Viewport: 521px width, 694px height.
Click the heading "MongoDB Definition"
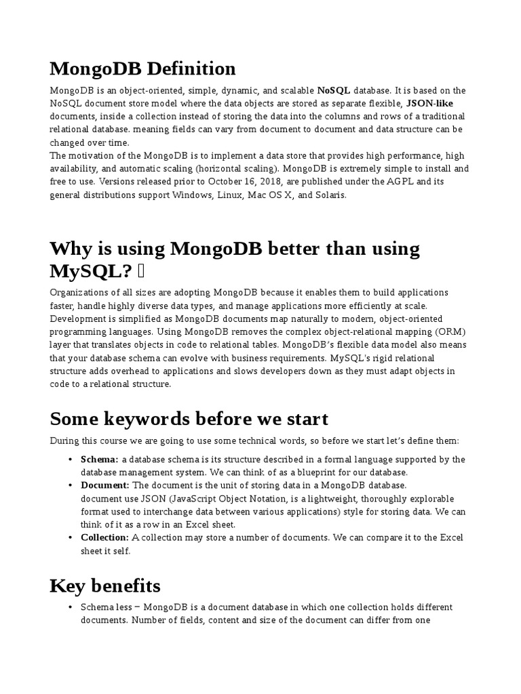tap(142, 68)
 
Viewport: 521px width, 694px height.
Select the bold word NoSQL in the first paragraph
tap(334, 90)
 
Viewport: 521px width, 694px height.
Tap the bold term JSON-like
tap(429, 103)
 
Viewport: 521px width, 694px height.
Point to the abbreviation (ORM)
tap(451, 331)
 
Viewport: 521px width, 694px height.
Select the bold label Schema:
tap(99, 460)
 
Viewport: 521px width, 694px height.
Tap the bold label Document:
tap(105, 485)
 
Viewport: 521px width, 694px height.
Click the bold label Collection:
tap(105, 537)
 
